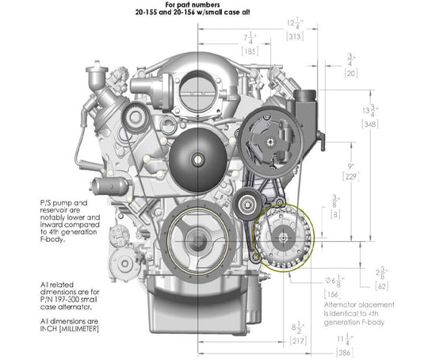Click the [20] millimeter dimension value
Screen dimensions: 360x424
(x=350, y=71)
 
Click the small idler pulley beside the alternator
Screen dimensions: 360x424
(x=243, y=205)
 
